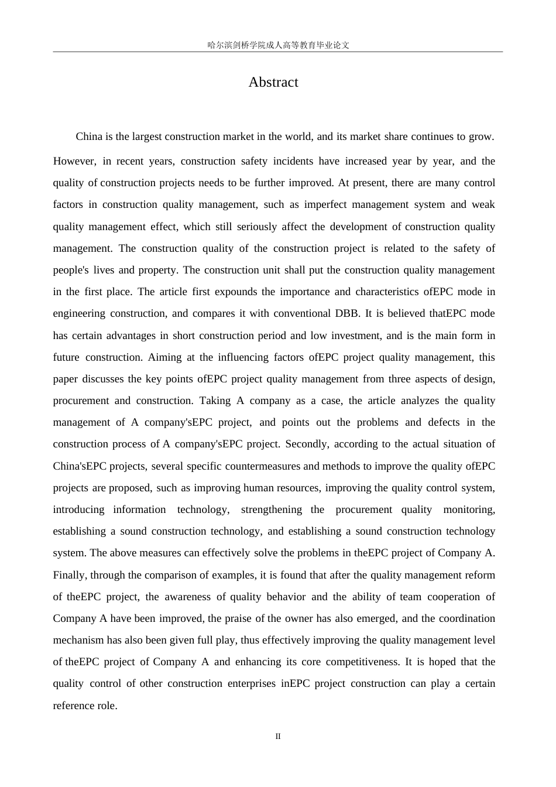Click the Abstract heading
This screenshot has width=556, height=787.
point(273,82)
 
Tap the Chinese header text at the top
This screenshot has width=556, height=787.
point(278,45)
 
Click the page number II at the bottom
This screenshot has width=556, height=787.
point(278,736)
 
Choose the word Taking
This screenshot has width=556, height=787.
point(215,401)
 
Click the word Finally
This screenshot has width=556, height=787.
point(69,575)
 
